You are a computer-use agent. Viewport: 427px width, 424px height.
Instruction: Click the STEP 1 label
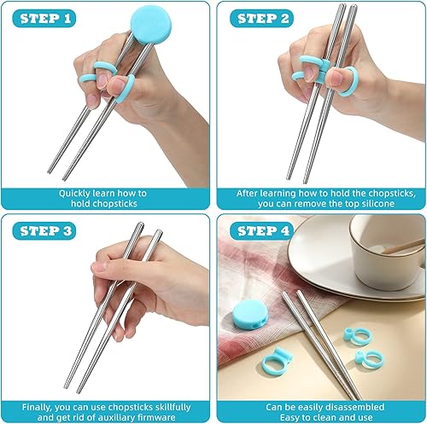pyautogui.click(x=46, y=18)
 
